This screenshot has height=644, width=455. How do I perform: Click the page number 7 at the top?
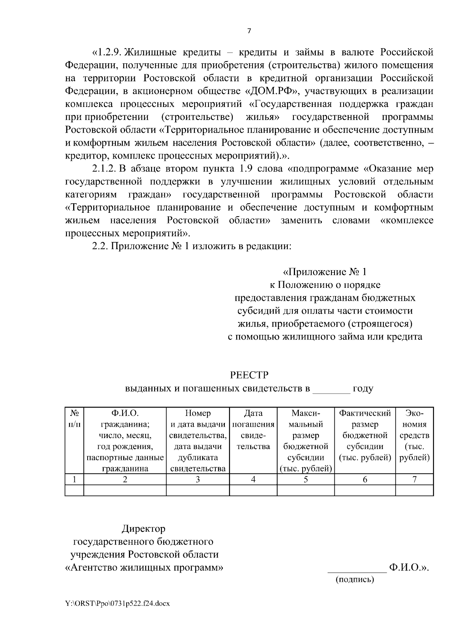249,31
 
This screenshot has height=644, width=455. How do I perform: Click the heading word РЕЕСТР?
249,375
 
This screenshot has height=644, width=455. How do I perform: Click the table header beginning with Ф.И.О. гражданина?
125,440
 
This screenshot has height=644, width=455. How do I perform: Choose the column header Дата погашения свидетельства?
253,429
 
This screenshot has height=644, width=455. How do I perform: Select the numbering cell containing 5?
306,479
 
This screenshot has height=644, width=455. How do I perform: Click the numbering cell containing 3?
198,479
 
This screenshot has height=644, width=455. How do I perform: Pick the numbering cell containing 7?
414,479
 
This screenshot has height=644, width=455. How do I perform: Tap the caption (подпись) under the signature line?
355,580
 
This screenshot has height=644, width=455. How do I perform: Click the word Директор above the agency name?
143,528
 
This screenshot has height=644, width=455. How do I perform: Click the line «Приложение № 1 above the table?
325,272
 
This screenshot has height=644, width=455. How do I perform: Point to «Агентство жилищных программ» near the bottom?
144,568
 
